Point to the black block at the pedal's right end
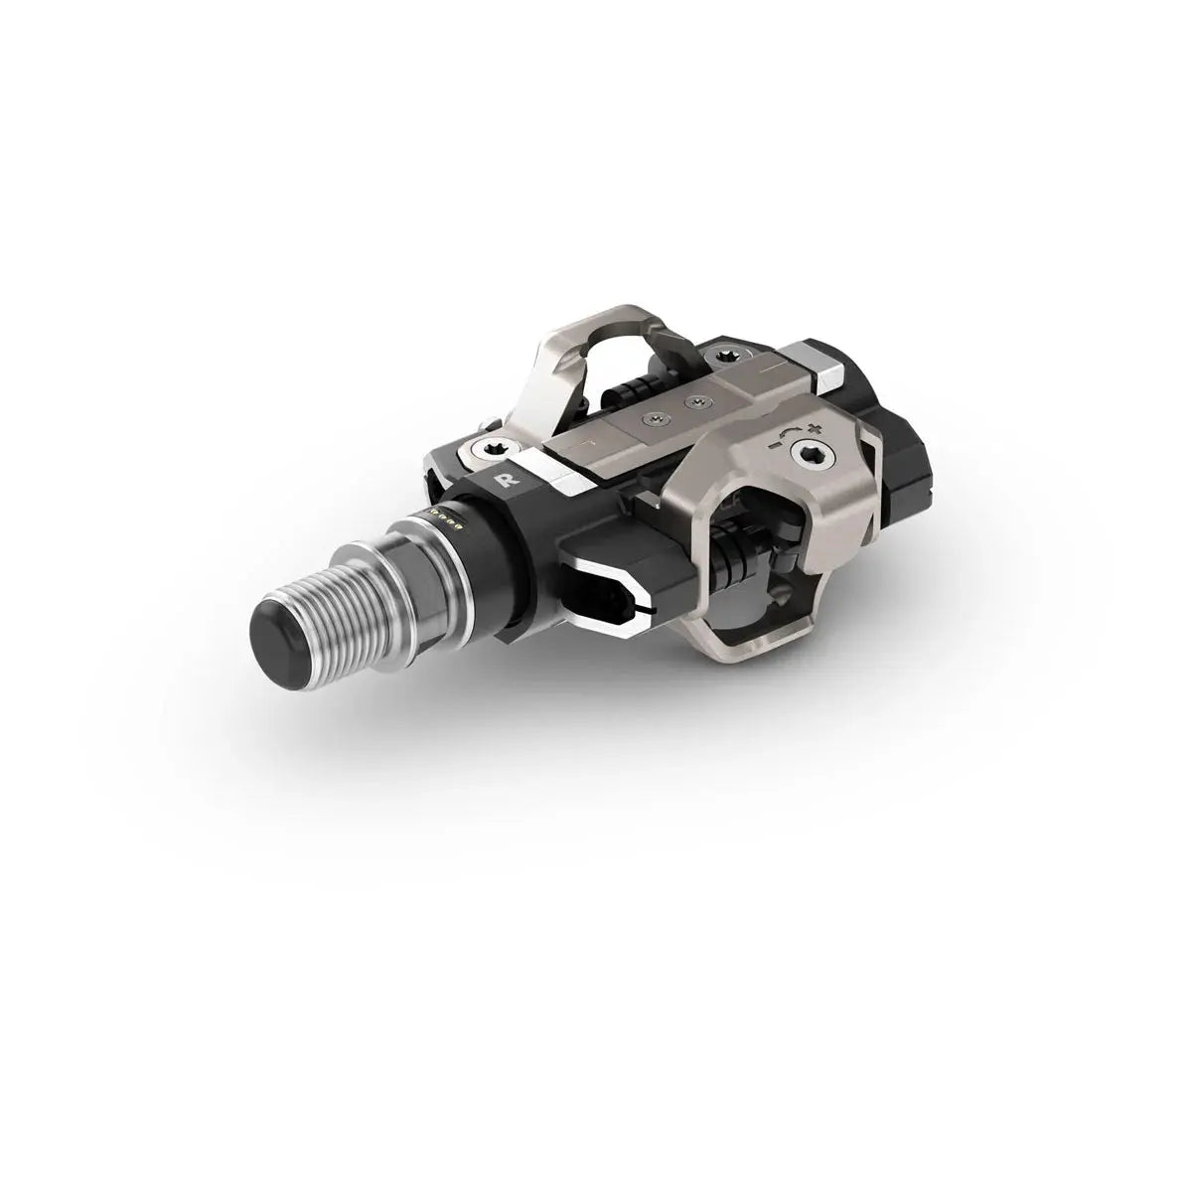pyautogui.click(x=899, y=467)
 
